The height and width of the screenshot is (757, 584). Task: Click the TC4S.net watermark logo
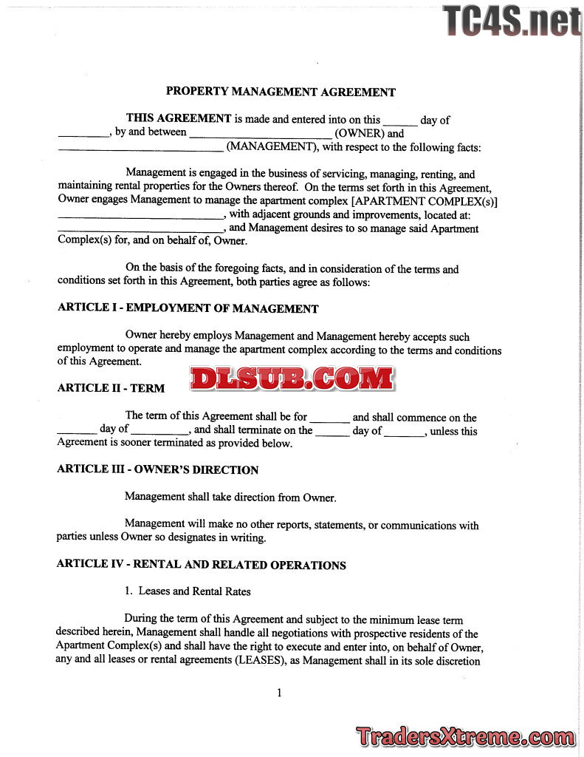click(511, 21)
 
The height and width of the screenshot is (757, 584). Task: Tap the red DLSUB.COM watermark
click(292, 378)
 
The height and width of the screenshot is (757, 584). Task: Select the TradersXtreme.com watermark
click(464, 736)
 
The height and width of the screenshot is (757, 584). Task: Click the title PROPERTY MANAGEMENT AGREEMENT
click(281, 92)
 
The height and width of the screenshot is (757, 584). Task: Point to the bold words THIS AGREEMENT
click(179, 118)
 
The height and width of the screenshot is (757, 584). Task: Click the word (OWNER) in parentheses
click(360, 134)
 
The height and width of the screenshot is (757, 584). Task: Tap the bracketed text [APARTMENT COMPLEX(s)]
click(425, 201)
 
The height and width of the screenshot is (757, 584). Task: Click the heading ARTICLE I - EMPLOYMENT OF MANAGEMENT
click(188, 309)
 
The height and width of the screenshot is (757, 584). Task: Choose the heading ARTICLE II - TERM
click(111, 388)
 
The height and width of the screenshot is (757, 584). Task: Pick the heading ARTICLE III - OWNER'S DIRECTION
click(158, 470)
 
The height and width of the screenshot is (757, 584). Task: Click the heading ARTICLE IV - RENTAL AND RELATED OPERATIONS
click(202, 566)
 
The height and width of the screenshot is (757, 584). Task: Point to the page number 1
click(279, 693)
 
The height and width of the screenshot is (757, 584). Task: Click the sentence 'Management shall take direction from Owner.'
click(230, 498)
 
